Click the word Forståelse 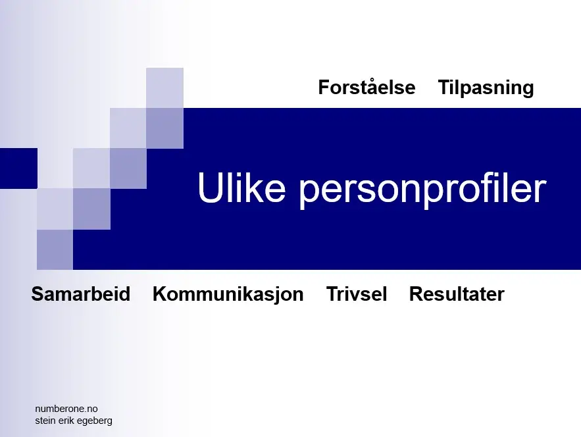click(366, 88)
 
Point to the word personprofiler click(423, 189)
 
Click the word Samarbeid click(81, 294)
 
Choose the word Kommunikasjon click(228, 295)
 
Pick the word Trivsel click(357, 294)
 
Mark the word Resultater click(457, 294)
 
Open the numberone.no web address click(66, 409)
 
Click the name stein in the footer click(45, 421)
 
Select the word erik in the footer click(66, 421)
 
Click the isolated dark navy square click(18, 168)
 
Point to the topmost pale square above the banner click(164, 88)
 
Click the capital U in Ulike click(211, 187)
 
